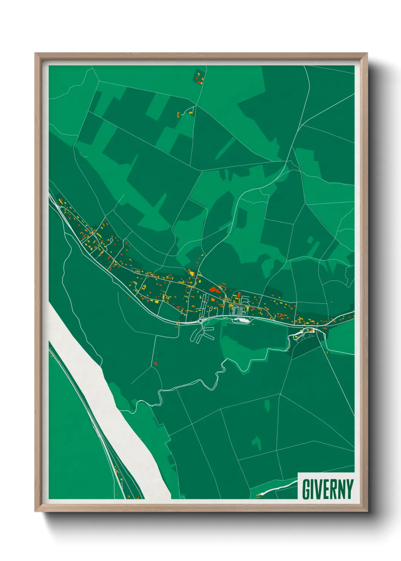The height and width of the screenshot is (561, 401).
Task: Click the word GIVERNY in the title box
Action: [327, 489]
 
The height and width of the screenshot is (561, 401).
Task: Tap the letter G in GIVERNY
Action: [306, 489]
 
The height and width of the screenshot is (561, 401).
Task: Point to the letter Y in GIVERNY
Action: [349, 489]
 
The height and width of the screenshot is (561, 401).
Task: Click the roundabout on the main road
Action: [200, 321]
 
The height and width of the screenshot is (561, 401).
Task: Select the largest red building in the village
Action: [215, 290]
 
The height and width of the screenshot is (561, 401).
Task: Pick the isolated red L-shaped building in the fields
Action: [155, 364]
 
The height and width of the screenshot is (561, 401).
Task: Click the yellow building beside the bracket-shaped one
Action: [191, 112]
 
